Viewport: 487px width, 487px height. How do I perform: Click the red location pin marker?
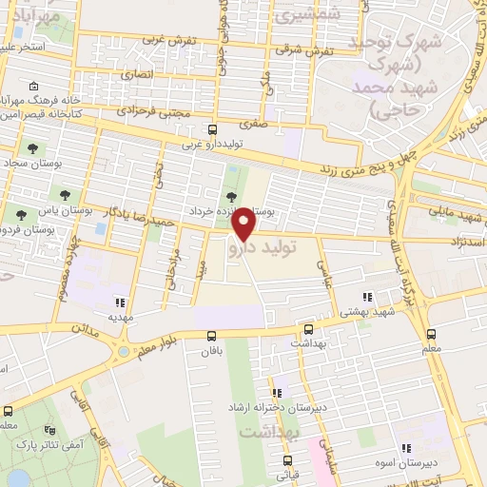(x=244, y=224)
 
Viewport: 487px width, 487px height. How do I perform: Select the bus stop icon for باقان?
(x=211, y=335)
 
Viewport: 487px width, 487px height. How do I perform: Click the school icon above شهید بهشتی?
(x=368, y=298)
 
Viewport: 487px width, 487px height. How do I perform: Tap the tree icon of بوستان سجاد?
(x=34, y=148)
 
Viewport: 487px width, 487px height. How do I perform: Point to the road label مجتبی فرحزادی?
(x=153, y=111)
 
